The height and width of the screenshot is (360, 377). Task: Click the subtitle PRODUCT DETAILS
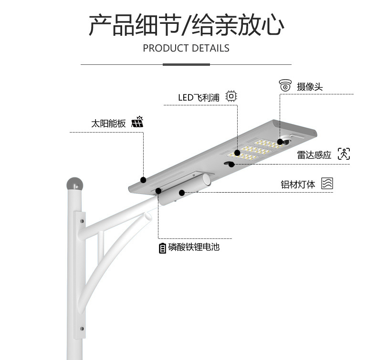(x=186, y=48)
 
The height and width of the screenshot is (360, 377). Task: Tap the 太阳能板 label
(x=108, y=123)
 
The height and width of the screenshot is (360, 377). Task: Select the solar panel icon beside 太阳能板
(x=137, y=122)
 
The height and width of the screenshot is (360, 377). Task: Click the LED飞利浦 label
(x=199, y=97)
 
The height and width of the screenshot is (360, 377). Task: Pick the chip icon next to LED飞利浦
(x=231, y=96)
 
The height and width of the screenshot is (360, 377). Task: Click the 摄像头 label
(x=310, y=86)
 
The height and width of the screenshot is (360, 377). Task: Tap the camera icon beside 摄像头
(x=285, y=86)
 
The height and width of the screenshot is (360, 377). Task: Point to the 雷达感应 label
(x=314, y=154)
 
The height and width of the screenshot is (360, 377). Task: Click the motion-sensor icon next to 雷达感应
(x=344, y=154)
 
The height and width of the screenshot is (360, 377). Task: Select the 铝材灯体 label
(x=298, y=184)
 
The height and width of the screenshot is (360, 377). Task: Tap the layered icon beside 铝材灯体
(x=327, y=184)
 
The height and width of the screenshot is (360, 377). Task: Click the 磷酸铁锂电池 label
(x=194, y=247)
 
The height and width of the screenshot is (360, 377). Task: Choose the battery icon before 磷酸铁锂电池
(x=163, y=248)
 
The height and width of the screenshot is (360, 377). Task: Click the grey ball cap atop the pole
(x=74, y=183)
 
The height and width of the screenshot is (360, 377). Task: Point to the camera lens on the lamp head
(x=285, y=142)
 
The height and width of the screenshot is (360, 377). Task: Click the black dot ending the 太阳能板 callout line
(x=143, y=180)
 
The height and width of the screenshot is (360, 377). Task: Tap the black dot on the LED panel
(x=237, y=153)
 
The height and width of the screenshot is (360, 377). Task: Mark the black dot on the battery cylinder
(x=182, y=193)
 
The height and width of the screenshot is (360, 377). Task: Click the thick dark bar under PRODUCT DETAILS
(x=186, y=64)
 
